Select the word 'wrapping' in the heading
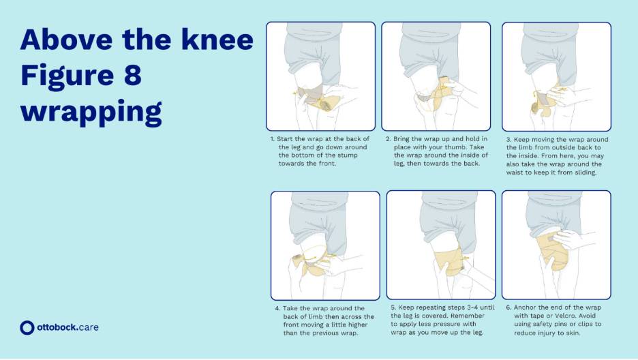click(91, 110)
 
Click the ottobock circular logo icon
click(27, 327)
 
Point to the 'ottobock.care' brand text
click(67, 327)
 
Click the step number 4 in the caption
click(277, 308)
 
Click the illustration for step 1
click(320, 76)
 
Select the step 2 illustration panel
click(436, 76)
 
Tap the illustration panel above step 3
click(556, 76)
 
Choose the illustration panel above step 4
click(325, 245)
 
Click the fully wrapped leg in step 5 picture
click(443, 256)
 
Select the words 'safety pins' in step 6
click(545, 324)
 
